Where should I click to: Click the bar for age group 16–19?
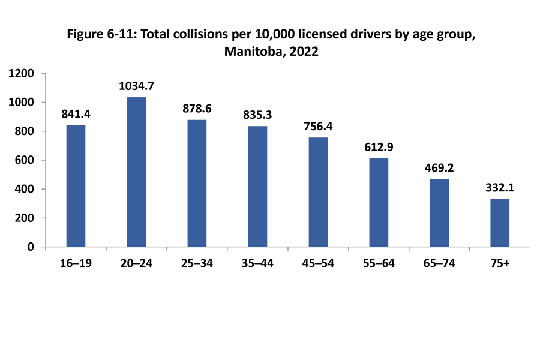[76, 186]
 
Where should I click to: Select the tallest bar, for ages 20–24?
[136, 172]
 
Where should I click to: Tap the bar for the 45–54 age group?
[318, 192]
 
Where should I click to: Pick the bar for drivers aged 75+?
[500, 223]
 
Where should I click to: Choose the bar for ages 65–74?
[439, 213]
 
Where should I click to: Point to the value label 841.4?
[76, 114]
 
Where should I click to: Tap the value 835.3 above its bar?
[257, 115]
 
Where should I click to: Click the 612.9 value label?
[379, 147]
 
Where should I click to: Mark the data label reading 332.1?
[500, 188]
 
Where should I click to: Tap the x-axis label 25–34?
[197, 264]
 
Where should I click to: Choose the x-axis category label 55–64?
[379, 264]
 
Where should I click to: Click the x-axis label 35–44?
[257, 264]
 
